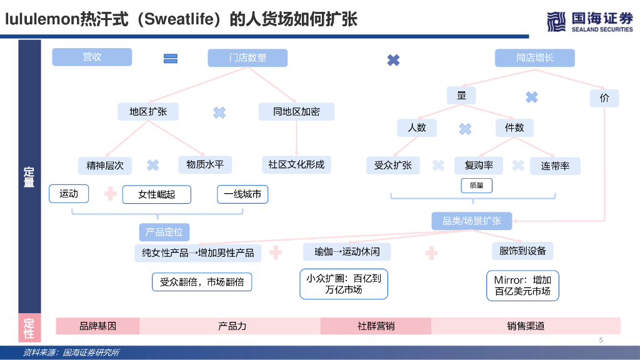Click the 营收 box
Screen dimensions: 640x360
92,57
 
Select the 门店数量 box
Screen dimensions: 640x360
247,58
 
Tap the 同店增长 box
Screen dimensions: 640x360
534,58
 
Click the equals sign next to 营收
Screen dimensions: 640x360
171,59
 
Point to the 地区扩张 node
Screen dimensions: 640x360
148,112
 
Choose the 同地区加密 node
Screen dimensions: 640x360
296,112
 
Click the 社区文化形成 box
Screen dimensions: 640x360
296,165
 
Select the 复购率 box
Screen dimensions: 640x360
479,166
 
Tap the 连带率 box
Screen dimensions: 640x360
555,166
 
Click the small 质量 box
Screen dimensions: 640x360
476,186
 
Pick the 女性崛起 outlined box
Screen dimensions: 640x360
156,194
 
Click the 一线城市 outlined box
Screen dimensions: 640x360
242,194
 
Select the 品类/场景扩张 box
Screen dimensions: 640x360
472,221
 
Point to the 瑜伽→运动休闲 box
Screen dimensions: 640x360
347,252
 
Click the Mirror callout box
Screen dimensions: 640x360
522,286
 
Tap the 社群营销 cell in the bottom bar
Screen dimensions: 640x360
376,326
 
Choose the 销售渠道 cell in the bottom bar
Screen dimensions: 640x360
526,326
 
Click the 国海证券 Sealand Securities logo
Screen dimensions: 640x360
589,21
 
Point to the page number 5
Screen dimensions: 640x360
601,341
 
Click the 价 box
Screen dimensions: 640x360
604,98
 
